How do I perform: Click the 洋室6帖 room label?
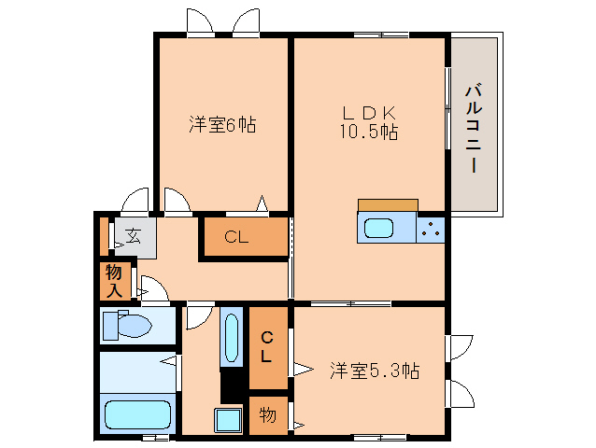coord(222,124)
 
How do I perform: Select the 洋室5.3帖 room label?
coord(373,371)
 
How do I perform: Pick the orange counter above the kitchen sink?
coord(387,205)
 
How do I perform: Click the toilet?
coord(126,326)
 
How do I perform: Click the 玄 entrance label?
coord(134,236)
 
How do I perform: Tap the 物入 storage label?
coord(114,281)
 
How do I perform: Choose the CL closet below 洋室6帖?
coord(236,238)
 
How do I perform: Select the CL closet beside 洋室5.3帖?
coord(267,346)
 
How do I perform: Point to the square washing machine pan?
coord(229,420)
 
